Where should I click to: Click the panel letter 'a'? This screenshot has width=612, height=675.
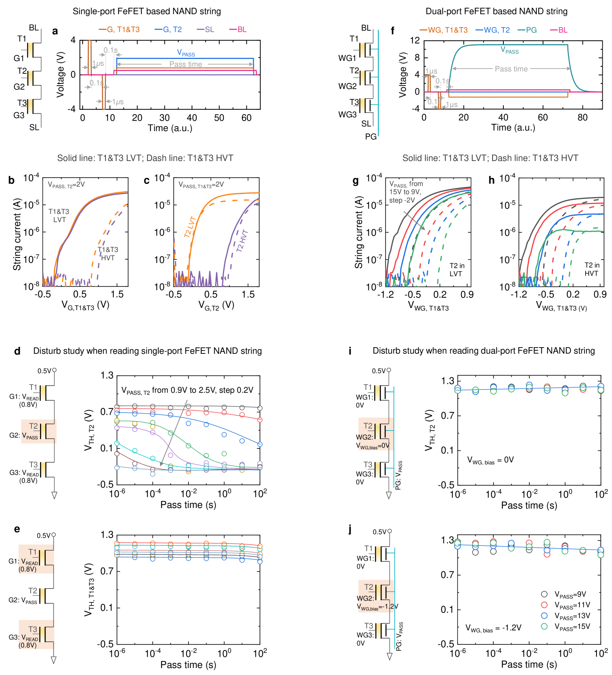pos(55,31)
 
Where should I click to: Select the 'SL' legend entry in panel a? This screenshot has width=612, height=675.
pos(206,29)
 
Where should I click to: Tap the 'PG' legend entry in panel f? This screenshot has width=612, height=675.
pos(527,30)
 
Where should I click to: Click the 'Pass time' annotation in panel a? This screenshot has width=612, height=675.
pos(186,64)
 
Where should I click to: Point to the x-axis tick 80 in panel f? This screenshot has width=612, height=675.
pos(582,118)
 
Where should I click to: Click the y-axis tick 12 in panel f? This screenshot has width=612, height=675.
pos(415,40)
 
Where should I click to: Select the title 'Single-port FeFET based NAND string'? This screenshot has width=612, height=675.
pos(147,11)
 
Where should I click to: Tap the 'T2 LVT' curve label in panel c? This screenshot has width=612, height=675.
pos(191,227)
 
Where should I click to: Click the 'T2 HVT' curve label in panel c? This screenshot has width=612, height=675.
pos(242,241)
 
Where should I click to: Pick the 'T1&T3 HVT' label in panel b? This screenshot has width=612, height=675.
pos(108,254)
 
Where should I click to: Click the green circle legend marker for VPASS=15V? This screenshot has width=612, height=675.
pos(545,626)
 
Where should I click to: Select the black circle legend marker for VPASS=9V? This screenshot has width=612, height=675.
pos(545,594)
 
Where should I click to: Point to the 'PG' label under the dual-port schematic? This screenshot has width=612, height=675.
pos(371,137)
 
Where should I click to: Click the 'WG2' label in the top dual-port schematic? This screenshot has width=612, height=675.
pos(347,86)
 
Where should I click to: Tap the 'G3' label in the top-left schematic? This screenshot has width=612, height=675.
pos(19,115)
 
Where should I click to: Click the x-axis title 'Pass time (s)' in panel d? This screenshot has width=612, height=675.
pos(188,505)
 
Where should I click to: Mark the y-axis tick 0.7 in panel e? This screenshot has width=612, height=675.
pos(107,571)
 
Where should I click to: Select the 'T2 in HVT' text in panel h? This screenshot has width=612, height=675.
pos(592,269)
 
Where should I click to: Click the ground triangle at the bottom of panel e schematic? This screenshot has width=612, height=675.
pos(54,659)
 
